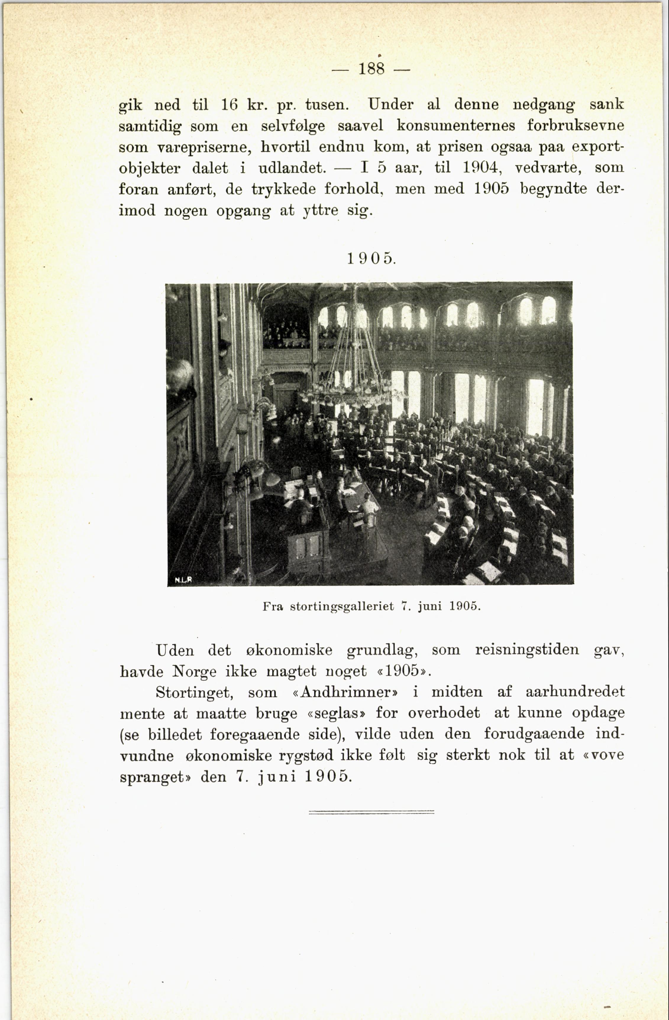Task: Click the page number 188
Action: pos(371,69)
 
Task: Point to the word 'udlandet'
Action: pos(292,167)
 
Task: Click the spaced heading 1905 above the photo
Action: pos(371,259)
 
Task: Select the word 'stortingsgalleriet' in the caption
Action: pos(342,606)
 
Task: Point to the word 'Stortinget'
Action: pos(194,692)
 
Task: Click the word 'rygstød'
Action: pos(306,755)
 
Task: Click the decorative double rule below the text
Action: pos(371,812)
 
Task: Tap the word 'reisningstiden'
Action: pos(527,650)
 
